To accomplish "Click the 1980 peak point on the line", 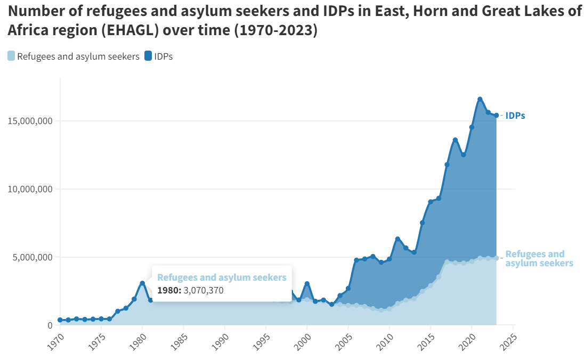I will [x=142, y=283].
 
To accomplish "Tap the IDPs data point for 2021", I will [x=480, y=99].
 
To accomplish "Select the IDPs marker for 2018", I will [x=455, y=140].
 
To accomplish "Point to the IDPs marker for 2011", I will [x=398, y=239].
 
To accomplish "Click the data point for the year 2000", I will [x=307, y=284].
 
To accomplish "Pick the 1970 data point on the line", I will [x=60, y=320].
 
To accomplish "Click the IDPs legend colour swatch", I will [x=148, y=56].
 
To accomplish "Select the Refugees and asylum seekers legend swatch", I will [x=11, y=56].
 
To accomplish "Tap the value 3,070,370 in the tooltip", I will [x=204, y=291].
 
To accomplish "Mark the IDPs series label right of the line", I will [x=515, y=116].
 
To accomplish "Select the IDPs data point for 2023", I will [x=496, y=116].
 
